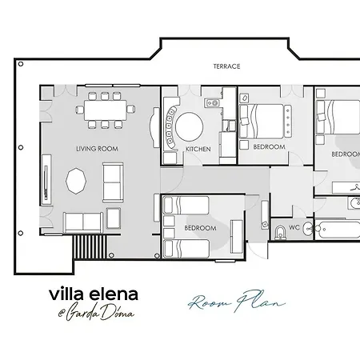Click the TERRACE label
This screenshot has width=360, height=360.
226,66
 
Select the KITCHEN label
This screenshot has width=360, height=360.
198,150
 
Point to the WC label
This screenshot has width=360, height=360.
294,227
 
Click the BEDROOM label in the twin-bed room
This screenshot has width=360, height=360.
200,228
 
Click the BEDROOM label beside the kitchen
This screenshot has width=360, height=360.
269,147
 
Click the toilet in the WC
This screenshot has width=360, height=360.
279,233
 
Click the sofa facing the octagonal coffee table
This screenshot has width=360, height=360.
113,182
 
